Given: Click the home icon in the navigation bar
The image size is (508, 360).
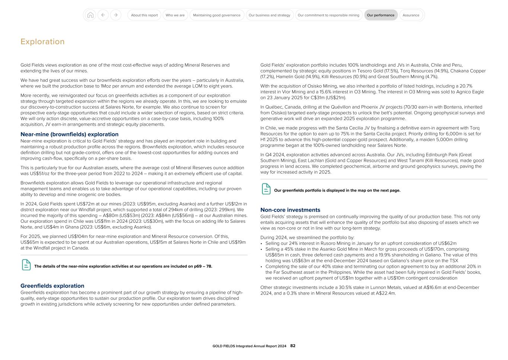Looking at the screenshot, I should pyautogui.click(x=90, y=15).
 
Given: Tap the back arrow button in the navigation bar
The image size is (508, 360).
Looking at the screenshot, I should pyautogui.click(x=103, y=15).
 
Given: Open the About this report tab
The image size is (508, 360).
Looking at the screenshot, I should pyautogui.click(x=144, y=15).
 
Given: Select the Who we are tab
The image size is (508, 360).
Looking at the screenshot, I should pyautogui.click(x=175, y=15).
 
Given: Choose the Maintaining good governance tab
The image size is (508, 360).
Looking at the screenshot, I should pyautogui.click(x=217, y=15).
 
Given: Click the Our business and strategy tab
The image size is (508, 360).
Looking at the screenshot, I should pyautogui.click(x=269, y=15).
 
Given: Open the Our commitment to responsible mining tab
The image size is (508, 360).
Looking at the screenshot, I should pyautogui.click(x=328, y=15).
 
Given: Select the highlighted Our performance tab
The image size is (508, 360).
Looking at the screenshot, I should pyautogui.click(x=380, y=15).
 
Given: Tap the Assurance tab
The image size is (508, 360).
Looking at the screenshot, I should pyautogui.click(x=411, y=15).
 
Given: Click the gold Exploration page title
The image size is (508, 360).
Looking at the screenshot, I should pyautogui.click(x=42, y=42).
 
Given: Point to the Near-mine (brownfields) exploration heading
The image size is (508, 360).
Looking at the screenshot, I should pyautogui.click(x=69, y=134).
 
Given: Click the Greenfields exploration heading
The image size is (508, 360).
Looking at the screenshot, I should pyautogui.click(x=52, y=286).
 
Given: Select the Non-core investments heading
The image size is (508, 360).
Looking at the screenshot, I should pyautogui.click(x=290, y=210).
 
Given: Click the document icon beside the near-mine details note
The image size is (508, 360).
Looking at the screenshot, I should pyautogui.click(x=26, y=265).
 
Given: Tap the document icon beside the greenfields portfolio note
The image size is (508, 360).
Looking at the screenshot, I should pyautogui.click(x=266, y=189).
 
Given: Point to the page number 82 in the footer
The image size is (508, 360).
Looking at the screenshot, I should pyautogui.click(x=293, y=346).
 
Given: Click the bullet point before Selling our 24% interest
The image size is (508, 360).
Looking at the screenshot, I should pyautogui.click(x=262, y=244).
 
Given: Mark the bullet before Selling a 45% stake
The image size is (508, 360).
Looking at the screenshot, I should pyautogui.click(x=262, y=250).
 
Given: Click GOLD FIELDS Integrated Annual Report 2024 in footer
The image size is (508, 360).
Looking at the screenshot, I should pyautogui.click(x=249, y=346).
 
